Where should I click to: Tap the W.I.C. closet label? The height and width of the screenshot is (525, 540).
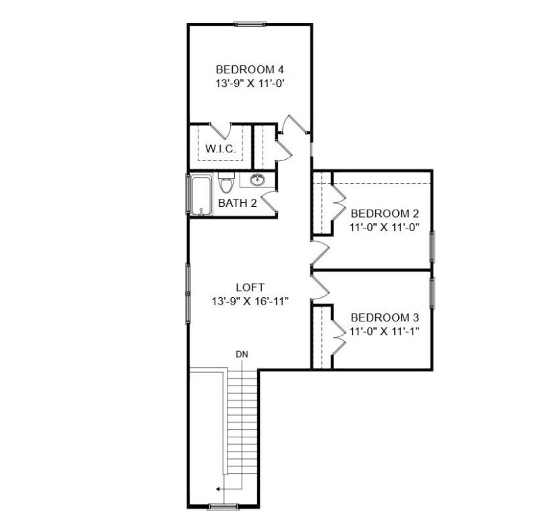click(x=220, y=149)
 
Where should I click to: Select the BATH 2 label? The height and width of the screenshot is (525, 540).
click(x=237, y=203)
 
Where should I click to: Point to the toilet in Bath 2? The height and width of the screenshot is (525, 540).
click(x=226, y=183)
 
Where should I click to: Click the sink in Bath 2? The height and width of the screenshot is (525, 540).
click(x=257, y=180)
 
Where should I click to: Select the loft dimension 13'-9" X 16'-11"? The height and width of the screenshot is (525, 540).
click(x=249, y=301)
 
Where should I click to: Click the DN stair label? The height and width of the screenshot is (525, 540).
click(x=241, y=354)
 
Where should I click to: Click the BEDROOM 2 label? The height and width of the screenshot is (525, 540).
click(x=382, y=214)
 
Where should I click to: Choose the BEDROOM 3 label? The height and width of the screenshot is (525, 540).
click(x=382, y=317)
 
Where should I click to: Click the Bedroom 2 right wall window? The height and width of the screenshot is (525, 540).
click(x=432, y=247)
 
